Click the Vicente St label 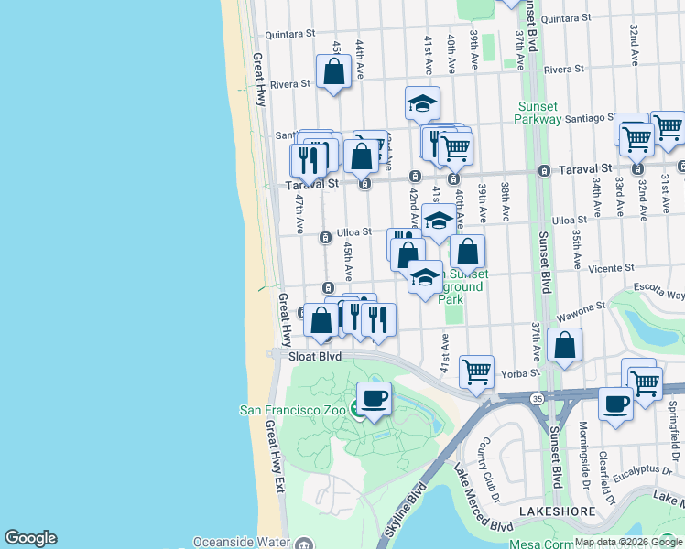(x=613, y=269)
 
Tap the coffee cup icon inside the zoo (x=373, y=399)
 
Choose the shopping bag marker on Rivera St (x=333, y=71)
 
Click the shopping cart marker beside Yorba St (x=476, y=371)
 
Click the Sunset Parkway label (x=538, y=112)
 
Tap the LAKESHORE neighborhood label (x=552, y=511)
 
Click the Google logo (x=30, y=538)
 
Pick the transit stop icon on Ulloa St (x=324, y=238)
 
